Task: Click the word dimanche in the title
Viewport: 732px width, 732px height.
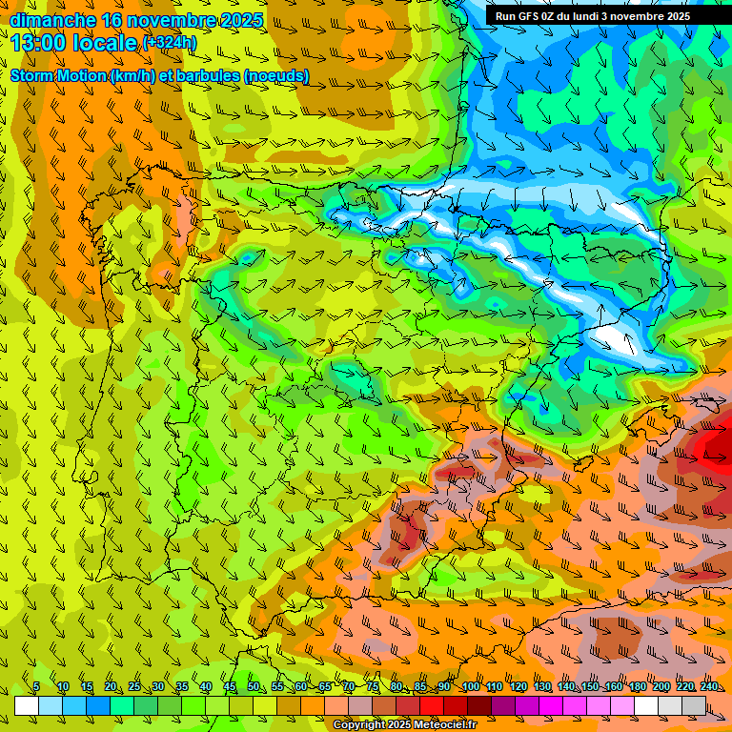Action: point(52,20)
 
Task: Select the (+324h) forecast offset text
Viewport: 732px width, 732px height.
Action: point(170,43)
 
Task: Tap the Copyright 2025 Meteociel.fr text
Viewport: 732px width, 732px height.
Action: point(417,725)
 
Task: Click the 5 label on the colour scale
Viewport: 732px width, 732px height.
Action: point(36,687)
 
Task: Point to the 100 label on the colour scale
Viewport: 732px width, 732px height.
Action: point(469,687)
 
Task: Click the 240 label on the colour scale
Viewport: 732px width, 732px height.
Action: point(708,687)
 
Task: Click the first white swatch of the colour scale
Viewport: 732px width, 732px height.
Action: point(26,705)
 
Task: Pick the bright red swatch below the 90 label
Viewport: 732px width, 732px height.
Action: point(433,705)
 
